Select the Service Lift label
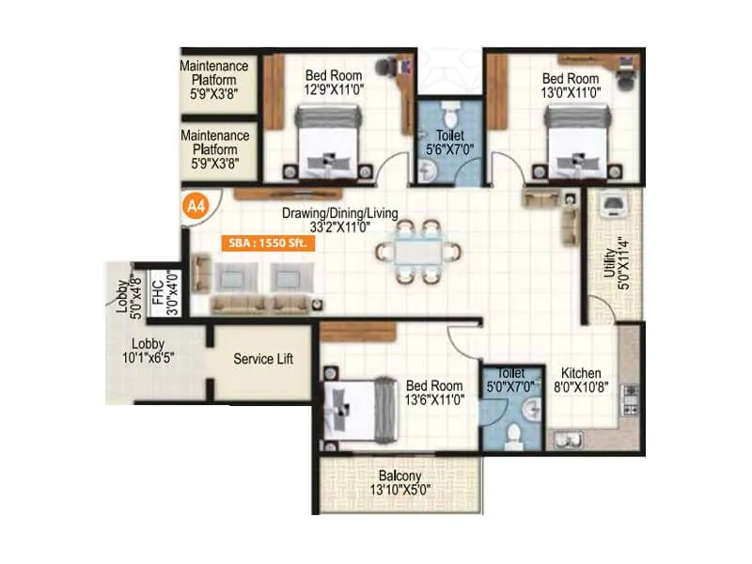click(263, 359)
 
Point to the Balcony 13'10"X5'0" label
click(400, 481)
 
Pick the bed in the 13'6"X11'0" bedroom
click(358, 407)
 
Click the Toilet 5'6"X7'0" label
click(449, 141)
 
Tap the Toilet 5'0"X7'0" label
click(510, 378)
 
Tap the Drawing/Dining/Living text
click(339, 214)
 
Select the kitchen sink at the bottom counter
click(571, 437)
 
